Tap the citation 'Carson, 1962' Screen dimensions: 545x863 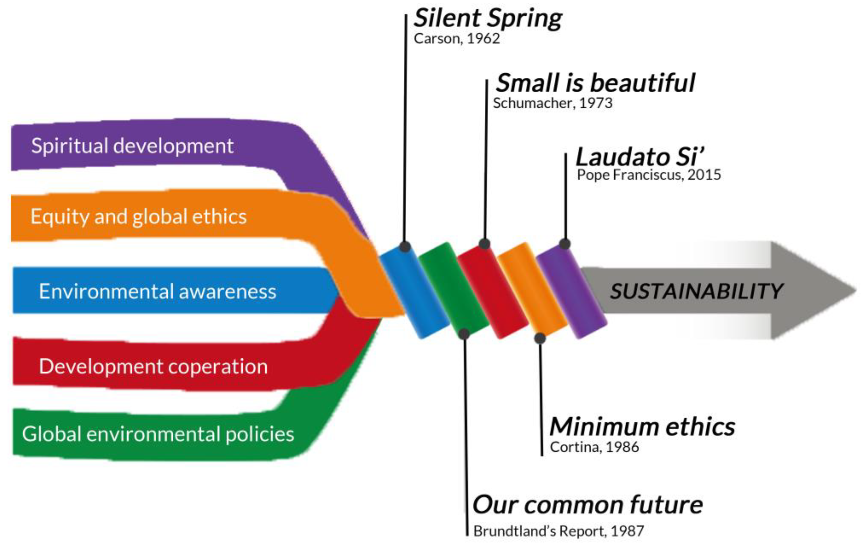point(457,39)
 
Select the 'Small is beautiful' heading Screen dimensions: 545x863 point(595,83)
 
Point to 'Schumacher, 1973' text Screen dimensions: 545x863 point(553,103)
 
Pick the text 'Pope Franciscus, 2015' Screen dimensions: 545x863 point(649,175)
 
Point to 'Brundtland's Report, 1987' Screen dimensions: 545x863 point(558,531)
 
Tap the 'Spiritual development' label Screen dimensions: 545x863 point(132,146)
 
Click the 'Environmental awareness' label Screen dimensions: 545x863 point(158,291)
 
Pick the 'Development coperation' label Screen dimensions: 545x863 point(153,366)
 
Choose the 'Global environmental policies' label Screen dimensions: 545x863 point(158,434)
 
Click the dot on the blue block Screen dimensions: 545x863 point(405,247)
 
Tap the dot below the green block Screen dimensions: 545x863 point(464,334)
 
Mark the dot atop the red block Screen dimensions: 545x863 point(484,244)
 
